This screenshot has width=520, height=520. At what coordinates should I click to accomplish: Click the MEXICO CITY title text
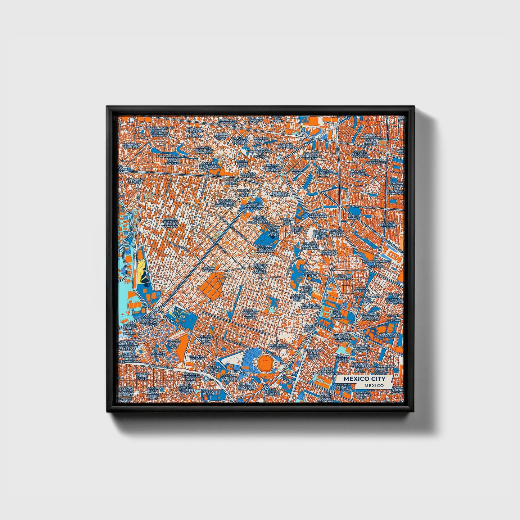[364, 379]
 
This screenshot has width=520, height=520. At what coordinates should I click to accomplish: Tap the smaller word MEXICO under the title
[373, 385]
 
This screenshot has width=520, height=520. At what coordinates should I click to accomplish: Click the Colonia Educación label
[358, 172]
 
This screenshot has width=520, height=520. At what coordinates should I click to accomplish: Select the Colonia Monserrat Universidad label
[227, 204]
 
